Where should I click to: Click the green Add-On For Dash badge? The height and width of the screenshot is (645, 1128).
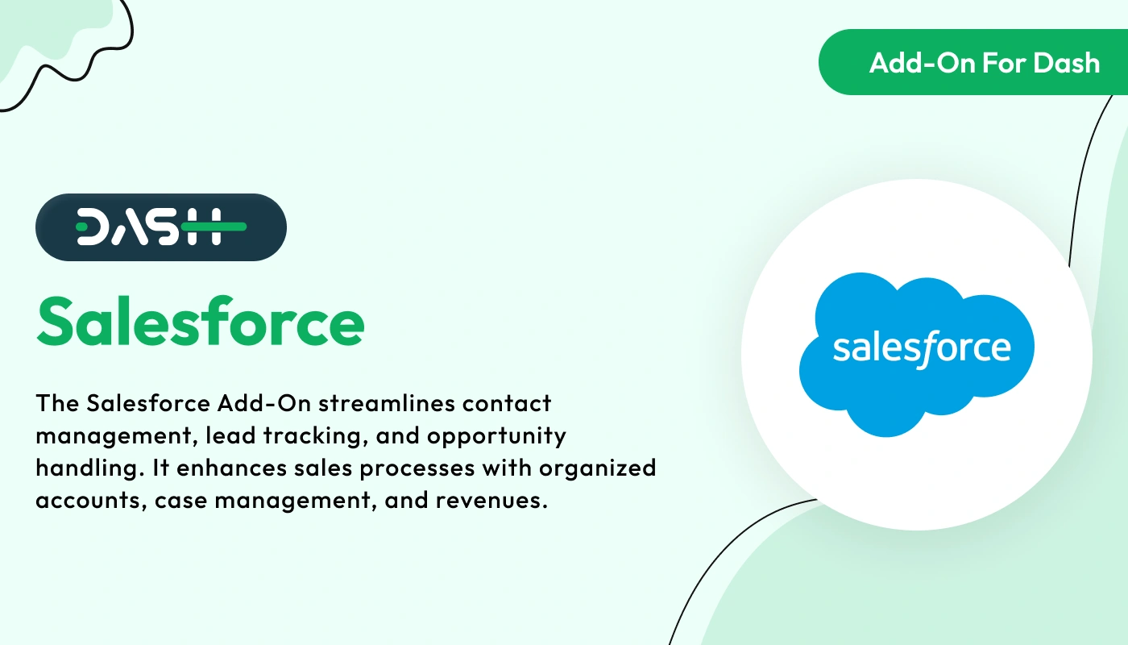coord(975,62)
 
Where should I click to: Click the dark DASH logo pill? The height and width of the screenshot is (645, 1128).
coord(160,227)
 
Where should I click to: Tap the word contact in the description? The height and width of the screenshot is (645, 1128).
coord(508,402)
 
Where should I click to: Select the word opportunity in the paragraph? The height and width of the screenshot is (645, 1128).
coord(496,436)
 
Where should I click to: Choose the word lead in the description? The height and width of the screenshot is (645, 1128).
coord(226,436)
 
